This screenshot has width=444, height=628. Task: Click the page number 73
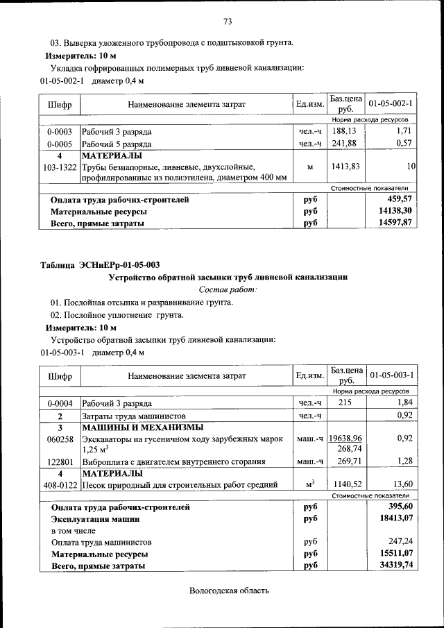pos(227,20)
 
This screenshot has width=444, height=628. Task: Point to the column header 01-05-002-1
pos(391,104)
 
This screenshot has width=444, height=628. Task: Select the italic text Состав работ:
pos(228,289)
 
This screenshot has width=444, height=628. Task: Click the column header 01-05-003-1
pos(391,375)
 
